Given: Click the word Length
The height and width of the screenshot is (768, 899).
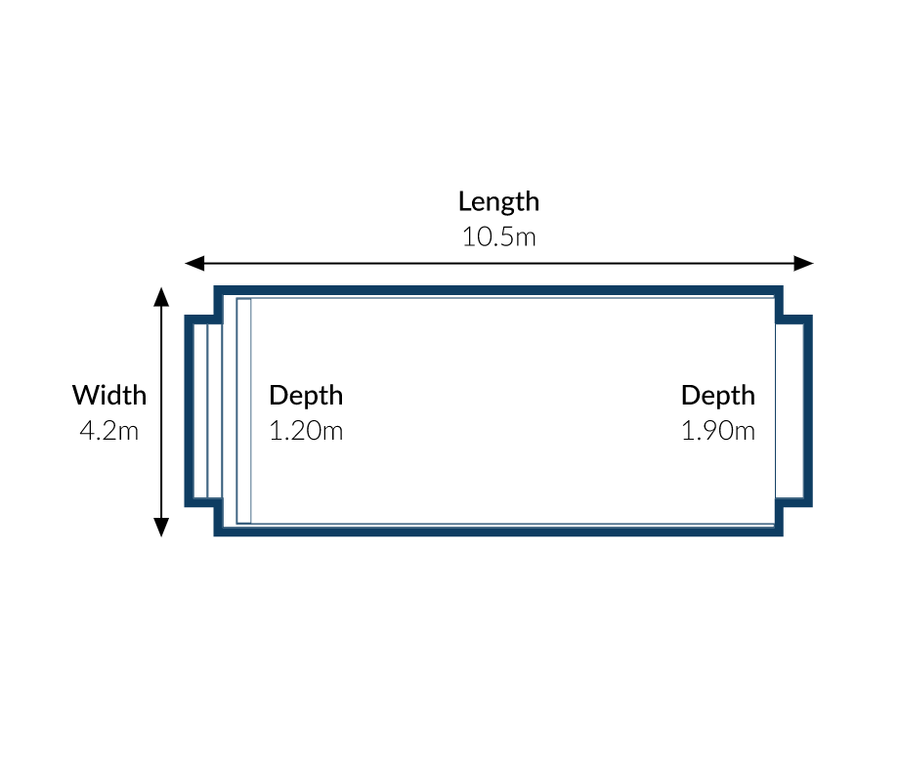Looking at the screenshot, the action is point(498,202).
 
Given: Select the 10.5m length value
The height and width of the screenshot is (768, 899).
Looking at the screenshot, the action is point(498,237).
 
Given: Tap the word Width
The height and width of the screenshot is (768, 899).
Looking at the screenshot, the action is point(109,396).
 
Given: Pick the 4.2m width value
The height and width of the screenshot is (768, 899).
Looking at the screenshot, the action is point(108,431).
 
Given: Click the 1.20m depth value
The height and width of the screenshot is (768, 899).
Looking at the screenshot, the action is point(306,431).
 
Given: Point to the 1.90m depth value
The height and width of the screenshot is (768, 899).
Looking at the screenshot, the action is point(718,431).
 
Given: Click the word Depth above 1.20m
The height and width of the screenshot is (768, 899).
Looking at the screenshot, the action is point(306,397).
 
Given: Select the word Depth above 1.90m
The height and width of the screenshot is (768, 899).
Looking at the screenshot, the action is point(718,397).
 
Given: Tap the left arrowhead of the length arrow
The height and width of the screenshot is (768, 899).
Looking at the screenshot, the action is point(194,264).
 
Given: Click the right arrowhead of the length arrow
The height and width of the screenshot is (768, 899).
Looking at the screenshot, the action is point(804,264).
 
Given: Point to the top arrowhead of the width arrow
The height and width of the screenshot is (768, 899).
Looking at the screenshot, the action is point(161,297).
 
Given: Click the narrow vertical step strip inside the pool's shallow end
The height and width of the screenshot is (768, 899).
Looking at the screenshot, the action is point(243,411).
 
